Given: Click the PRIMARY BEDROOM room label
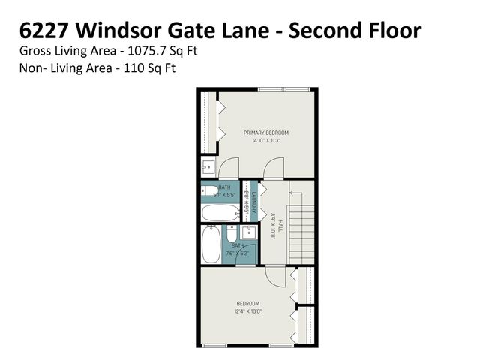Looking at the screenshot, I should click(x=265, y=133).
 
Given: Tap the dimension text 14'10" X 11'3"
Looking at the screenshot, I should click(x=265, y=141).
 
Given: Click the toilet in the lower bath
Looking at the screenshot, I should click(x=232, y=232).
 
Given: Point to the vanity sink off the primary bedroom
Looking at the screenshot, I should click(x=209, y=166).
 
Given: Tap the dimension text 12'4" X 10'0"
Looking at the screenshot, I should click(x=247, y=311).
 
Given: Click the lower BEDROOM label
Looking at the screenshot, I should click(x=247, y=304).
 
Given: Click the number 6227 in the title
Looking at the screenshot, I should click(x=41, y=31).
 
